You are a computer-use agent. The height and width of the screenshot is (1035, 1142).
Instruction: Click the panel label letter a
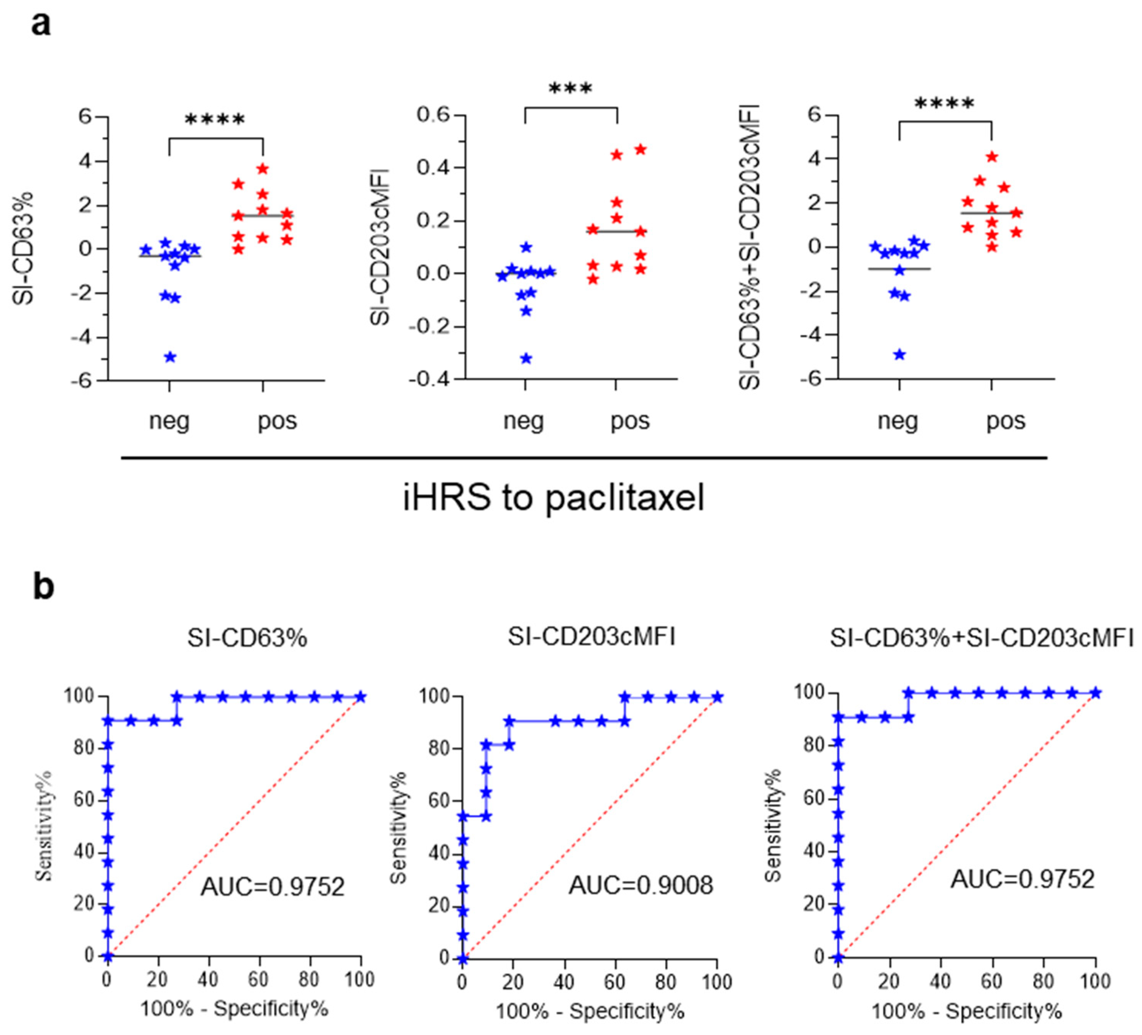tap(41, 25)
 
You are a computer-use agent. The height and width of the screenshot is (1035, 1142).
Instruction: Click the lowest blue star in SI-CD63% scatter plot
tap(170, 357)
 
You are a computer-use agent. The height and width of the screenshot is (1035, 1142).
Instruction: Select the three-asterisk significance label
tap(570, 89)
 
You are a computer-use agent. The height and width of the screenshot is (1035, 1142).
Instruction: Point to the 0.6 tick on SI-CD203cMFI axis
tap(433, 115)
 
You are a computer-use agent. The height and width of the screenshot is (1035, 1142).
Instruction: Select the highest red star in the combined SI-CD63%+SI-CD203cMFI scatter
tap(992, 157)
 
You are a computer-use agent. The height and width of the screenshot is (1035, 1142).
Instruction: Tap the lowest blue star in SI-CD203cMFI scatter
tap(526, 359)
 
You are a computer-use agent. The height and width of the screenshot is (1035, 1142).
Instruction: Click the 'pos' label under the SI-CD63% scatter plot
tap(277, 421)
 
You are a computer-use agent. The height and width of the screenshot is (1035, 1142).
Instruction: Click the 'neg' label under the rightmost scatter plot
tap(898, 421)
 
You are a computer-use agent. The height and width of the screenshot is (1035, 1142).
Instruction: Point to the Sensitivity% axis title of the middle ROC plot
tap(399, 828)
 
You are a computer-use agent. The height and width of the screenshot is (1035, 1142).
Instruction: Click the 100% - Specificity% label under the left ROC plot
tap(234, 1009)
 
